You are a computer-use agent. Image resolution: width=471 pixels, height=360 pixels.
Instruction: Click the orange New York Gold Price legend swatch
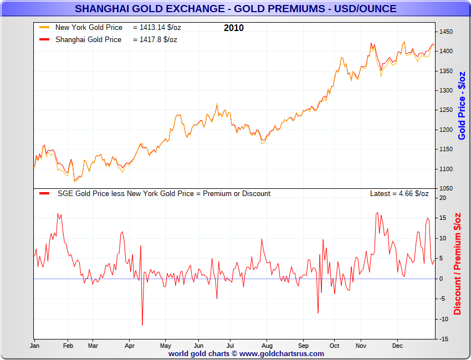click(x=45, y=27)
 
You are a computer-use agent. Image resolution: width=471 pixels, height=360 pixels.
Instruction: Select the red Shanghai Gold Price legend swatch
click(x=45, y=39)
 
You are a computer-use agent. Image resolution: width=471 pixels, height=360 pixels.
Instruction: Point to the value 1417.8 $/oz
click(x=155, y=39)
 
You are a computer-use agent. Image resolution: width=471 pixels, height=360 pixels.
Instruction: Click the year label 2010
click(x=233, y=28)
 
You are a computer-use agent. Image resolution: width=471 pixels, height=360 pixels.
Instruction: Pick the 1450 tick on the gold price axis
click(x=446, y=32)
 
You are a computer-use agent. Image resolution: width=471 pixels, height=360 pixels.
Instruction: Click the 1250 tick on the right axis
click(x=446, y=110)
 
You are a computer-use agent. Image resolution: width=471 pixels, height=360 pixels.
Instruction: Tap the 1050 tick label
click(x=446, y=189)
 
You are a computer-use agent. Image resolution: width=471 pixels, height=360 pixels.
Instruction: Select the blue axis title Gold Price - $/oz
click(x=462, y=105)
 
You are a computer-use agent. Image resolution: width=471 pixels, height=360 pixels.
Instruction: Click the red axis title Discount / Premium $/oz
click(x=458, y=263)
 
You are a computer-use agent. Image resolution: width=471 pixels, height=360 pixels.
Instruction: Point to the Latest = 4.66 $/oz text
click(x=399, y=193)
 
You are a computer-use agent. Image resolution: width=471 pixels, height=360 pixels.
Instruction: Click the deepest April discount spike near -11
click(x=142, y=325)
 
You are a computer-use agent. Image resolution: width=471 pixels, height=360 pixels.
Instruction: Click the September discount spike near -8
click(x=318, y=312)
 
